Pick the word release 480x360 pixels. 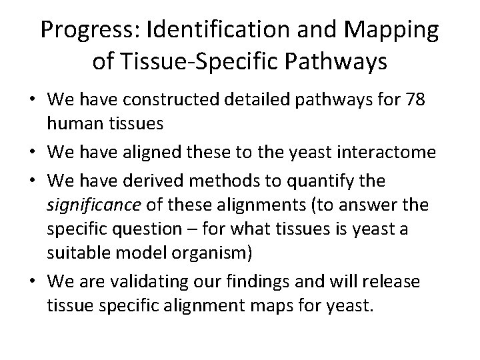tap(395, 281)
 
